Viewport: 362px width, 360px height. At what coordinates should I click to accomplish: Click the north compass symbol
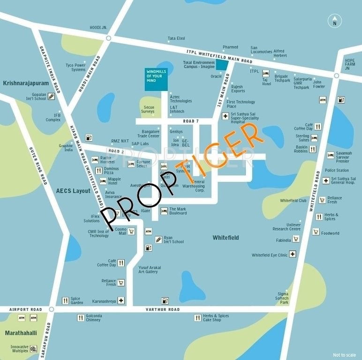coord(334,21)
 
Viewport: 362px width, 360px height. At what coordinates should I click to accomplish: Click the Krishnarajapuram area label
coord(26,83)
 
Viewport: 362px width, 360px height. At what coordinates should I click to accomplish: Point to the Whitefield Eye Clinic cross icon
coord(293,254)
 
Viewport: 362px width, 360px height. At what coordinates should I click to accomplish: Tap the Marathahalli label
coord(21,333)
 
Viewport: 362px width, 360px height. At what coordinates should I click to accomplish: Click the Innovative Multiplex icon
coord(33,349)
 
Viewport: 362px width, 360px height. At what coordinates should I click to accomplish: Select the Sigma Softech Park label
coord(282,298)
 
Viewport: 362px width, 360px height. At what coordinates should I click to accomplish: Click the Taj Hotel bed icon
coord(266,73)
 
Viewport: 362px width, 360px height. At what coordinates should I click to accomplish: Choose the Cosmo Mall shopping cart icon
coord(132,231)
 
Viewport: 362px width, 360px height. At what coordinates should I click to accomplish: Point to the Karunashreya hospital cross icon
coord(121,300)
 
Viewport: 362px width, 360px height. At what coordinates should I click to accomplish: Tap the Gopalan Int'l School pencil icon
coord(51,97)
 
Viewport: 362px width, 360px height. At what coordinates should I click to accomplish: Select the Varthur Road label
coord(162,309)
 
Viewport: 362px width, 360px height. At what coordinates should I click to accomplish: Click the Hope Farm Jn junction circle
coord(336,75)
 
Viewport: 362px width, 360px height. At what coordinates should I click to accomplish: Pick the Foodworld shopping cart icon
coord(316,232)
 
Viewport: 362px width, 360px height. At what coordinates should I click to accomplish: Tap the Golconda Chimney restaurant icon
coord(81,318)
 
